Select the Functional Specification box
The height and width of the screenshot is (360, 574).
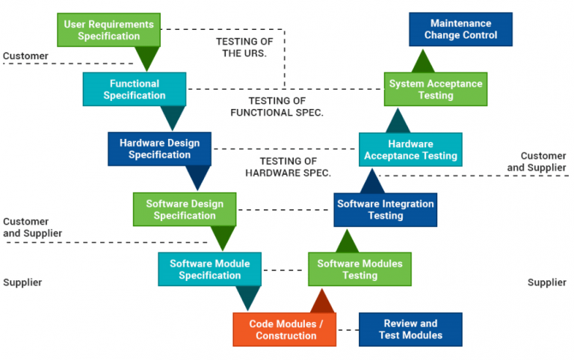135,89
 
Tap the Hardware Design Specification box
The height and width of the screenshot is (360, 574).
159,149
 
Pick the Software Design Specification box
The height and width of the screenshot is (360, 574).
185,209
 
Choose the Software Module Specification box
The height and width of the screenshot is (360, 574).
209,269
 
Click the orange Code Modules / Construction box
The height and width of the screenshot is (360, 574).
286,329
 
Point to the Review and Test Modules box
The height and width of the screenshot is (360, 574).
410,329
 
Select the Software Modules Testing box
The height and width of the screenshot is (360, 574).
359,269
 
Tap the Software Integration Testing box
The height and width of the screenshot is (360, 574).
385,209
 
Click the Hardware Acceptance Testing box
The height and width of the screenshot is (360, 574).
410,149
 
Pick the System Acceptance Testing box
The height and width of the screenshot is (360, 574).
436,90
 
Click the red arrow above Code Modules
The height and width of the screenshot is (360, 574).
322,301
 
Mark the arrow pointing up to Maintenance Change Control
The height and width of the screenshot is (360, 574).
423,60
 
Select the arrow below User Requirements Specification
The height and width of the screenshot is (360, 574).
147,58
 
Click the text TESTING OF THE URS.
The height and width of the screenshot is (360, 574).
241,47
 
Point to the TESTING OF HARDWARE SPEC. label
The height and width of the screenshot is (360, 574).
288,167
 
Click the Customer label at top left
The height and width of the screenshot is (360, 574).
25,56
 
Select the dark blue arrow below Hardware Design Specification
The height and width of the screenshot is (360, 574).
198,178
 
